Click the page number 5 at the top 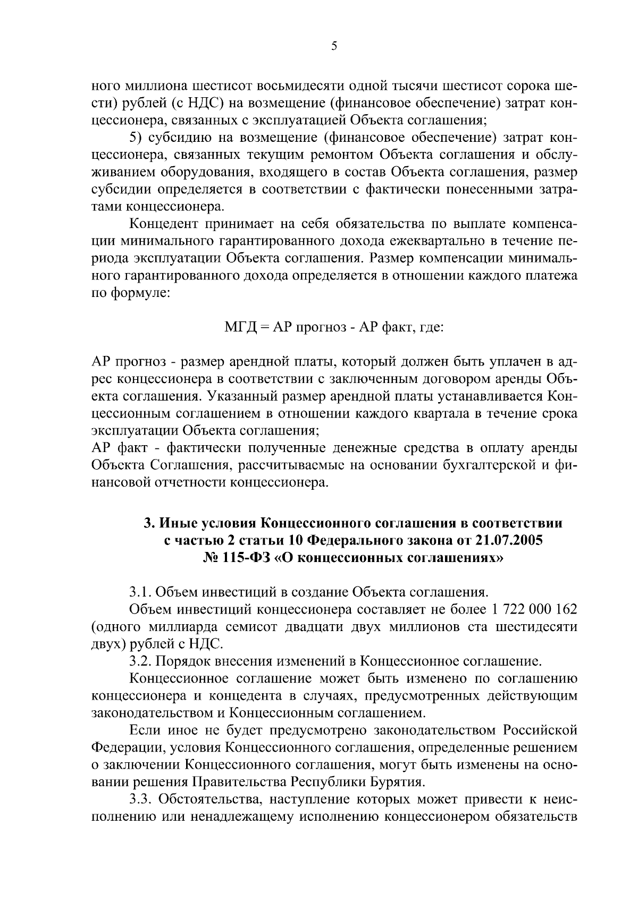pos(334,46)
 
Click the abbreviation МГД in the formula pos(240,328)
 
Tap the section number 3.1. pos(140,592)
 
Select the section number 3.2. pos(140,661)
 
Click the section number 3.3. pos(140,799)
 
